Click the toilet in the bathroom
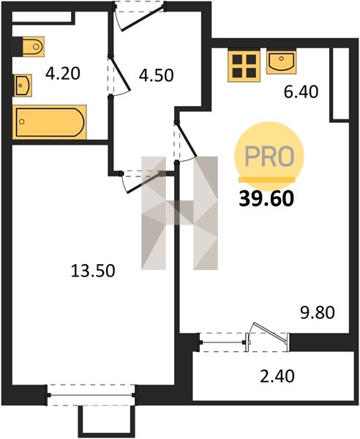tap(29, 47)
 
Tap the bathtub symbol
tap(49, 121)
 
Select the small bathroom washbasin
tap(23, 86)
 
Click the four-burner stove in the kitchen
tap(244, 66)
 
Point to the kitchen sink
tap(281, 62)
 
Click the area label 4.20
tap(63, 74)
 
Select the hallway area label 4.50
tap(156, 75)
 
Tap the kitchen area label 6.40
tap(301, 92)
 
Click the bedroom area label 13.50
tap(93, 271)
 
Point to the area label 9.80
tap(318, 312)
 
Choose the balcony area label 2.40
tap(277, 376)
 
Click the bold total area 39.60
tap(266, 199)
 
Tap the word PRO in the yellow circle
tap(269, 157)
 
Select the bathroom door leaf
tap(121, 74)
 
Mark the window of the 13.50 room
tap(91, 395)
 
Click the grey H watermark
tap(179, 213)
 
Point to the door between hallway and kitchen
tap(186, 139)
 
